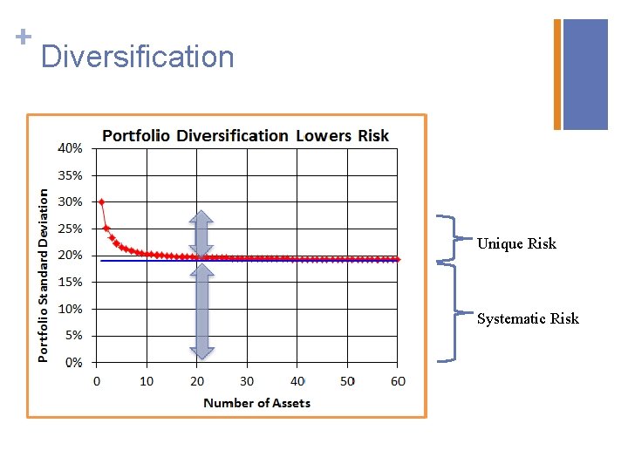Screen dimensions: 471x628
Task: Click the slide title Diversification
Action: [x=137, y=57]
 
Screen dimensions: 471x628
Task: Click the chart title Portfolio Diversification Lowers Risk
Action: [x=246, y=135]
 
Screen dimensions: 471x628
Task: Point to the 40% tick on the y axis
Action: [x=71, y=148]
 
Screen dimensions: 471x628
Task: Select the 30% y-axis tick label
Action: [x=71, y=201]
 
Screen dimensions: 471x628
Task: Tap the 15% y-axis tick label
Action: [x=71, y=282]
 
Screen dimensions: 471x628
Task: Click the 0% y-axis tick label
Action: [x=73, y=362]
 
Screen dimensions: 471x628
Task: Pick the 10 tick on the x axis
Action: [x=147, y=381]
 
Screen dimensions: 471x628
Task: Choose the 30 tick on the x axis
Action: [x=247, y=381]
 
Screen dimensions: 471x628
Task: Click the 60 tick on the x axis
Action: [x=398, y=381]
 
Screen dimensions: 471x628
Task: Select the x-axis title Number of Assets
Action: [x=256, y=403]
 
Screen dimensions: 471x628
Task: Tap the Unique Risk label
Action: [x=516, y=243]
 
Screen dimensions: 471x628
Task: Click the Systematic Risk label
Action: [x=528, y=318]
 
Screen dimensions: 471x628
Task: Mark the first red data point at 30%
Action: [x=101, y=201]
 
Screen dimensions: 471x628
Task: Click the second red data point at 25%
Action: [x=106, y=229]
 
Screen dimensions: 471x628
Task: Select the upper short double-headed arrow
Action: [x=201, y=234]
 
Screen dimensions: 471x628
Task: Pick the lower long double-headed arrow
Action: [x=201, y=311]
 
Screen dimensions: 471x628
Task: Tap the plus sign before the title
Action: [x=23, y=36]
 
